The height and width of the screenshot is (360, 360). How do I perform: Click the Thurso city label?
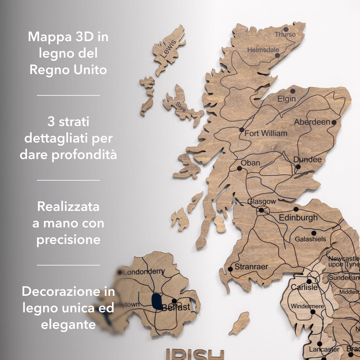285,34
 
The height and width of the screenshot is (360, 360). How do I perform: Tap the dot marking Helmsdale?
277,55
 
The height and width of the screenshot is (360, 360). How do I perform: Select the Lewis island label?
168,49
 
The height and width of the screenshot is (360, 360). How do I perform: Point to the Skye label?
181,107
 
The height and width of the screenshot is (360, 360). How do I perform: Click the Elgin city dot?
292,91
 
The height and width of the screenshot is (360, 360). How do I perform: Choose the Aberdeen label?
312,122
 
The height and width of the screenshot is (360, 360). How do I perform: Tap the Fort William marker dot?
242,130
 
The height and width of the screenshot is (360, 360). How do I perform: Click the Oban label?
250,163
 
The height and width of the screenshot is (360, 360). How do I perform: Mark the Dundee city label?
307,160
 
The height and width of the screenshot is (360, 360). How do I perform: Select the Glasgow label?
262,201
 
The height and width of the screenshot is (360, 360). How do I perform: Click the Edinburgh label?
298,217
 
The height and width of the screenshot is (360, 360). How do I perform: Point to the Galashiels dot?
314,233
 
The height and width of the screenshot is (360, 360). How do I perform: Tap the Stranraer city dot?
230,269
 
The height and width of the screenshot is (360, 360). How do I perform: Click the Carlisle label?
304,287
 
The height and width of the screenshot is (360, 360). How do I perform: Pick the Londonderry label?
144,272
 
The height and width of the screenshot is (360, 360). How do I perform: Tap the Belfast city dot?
174,301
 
